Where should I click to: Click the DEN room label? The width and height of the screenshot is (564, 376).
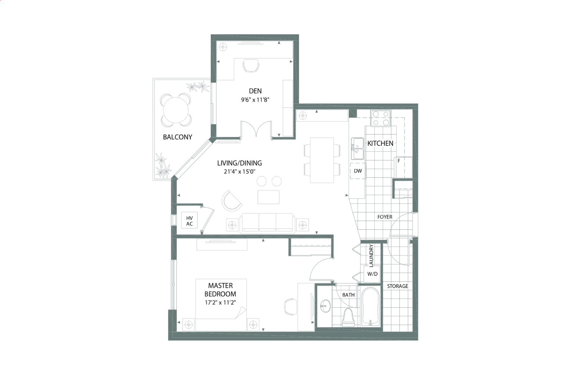pos(255,91)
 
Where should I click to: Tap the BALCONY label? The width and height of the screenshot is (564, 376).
pos(178,137)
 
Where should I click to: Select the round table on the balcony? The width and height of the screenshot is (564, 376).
pos(176,110)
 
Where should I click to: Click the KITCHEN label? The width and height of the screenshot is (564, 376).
pos(380,143)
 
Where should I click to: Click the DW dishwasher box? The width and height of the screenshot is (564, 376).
pos(358,171)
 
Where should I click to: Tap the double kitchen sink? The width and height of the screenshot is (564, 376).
pos(358,149)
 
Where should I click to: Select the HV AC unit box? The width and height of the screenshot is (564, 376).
pos(189,221)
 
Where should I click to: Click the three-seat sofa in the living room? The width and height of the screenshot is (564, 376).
pos(267,223)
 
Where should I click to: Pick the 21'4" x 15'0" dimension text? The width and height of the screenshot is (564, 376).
pos(240,172)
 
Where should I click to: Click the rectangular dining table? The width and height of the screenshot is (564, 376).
pos(322,160)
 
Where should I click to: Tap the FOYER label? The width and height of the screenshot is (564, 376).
pos(385,217)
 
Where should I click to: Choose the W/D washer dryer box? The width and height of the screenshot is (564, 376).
pos(372,274)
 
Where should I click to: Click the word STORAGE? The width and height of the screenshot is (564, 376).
pos(398,286)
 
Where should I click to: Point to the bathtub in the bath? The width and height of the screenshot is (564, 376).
pos(370,306)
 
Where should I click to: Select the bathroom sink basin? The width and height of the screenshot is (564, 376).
pos(325,306)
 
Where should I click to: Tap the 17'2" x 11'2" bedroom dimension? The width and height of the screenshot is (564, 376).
pos(220,302)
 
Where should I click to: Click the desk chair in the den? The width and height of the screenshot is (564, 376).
pos(251,66)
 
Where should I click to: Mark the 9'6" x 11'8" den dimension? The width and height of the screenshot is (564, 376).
pos(255,100)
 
